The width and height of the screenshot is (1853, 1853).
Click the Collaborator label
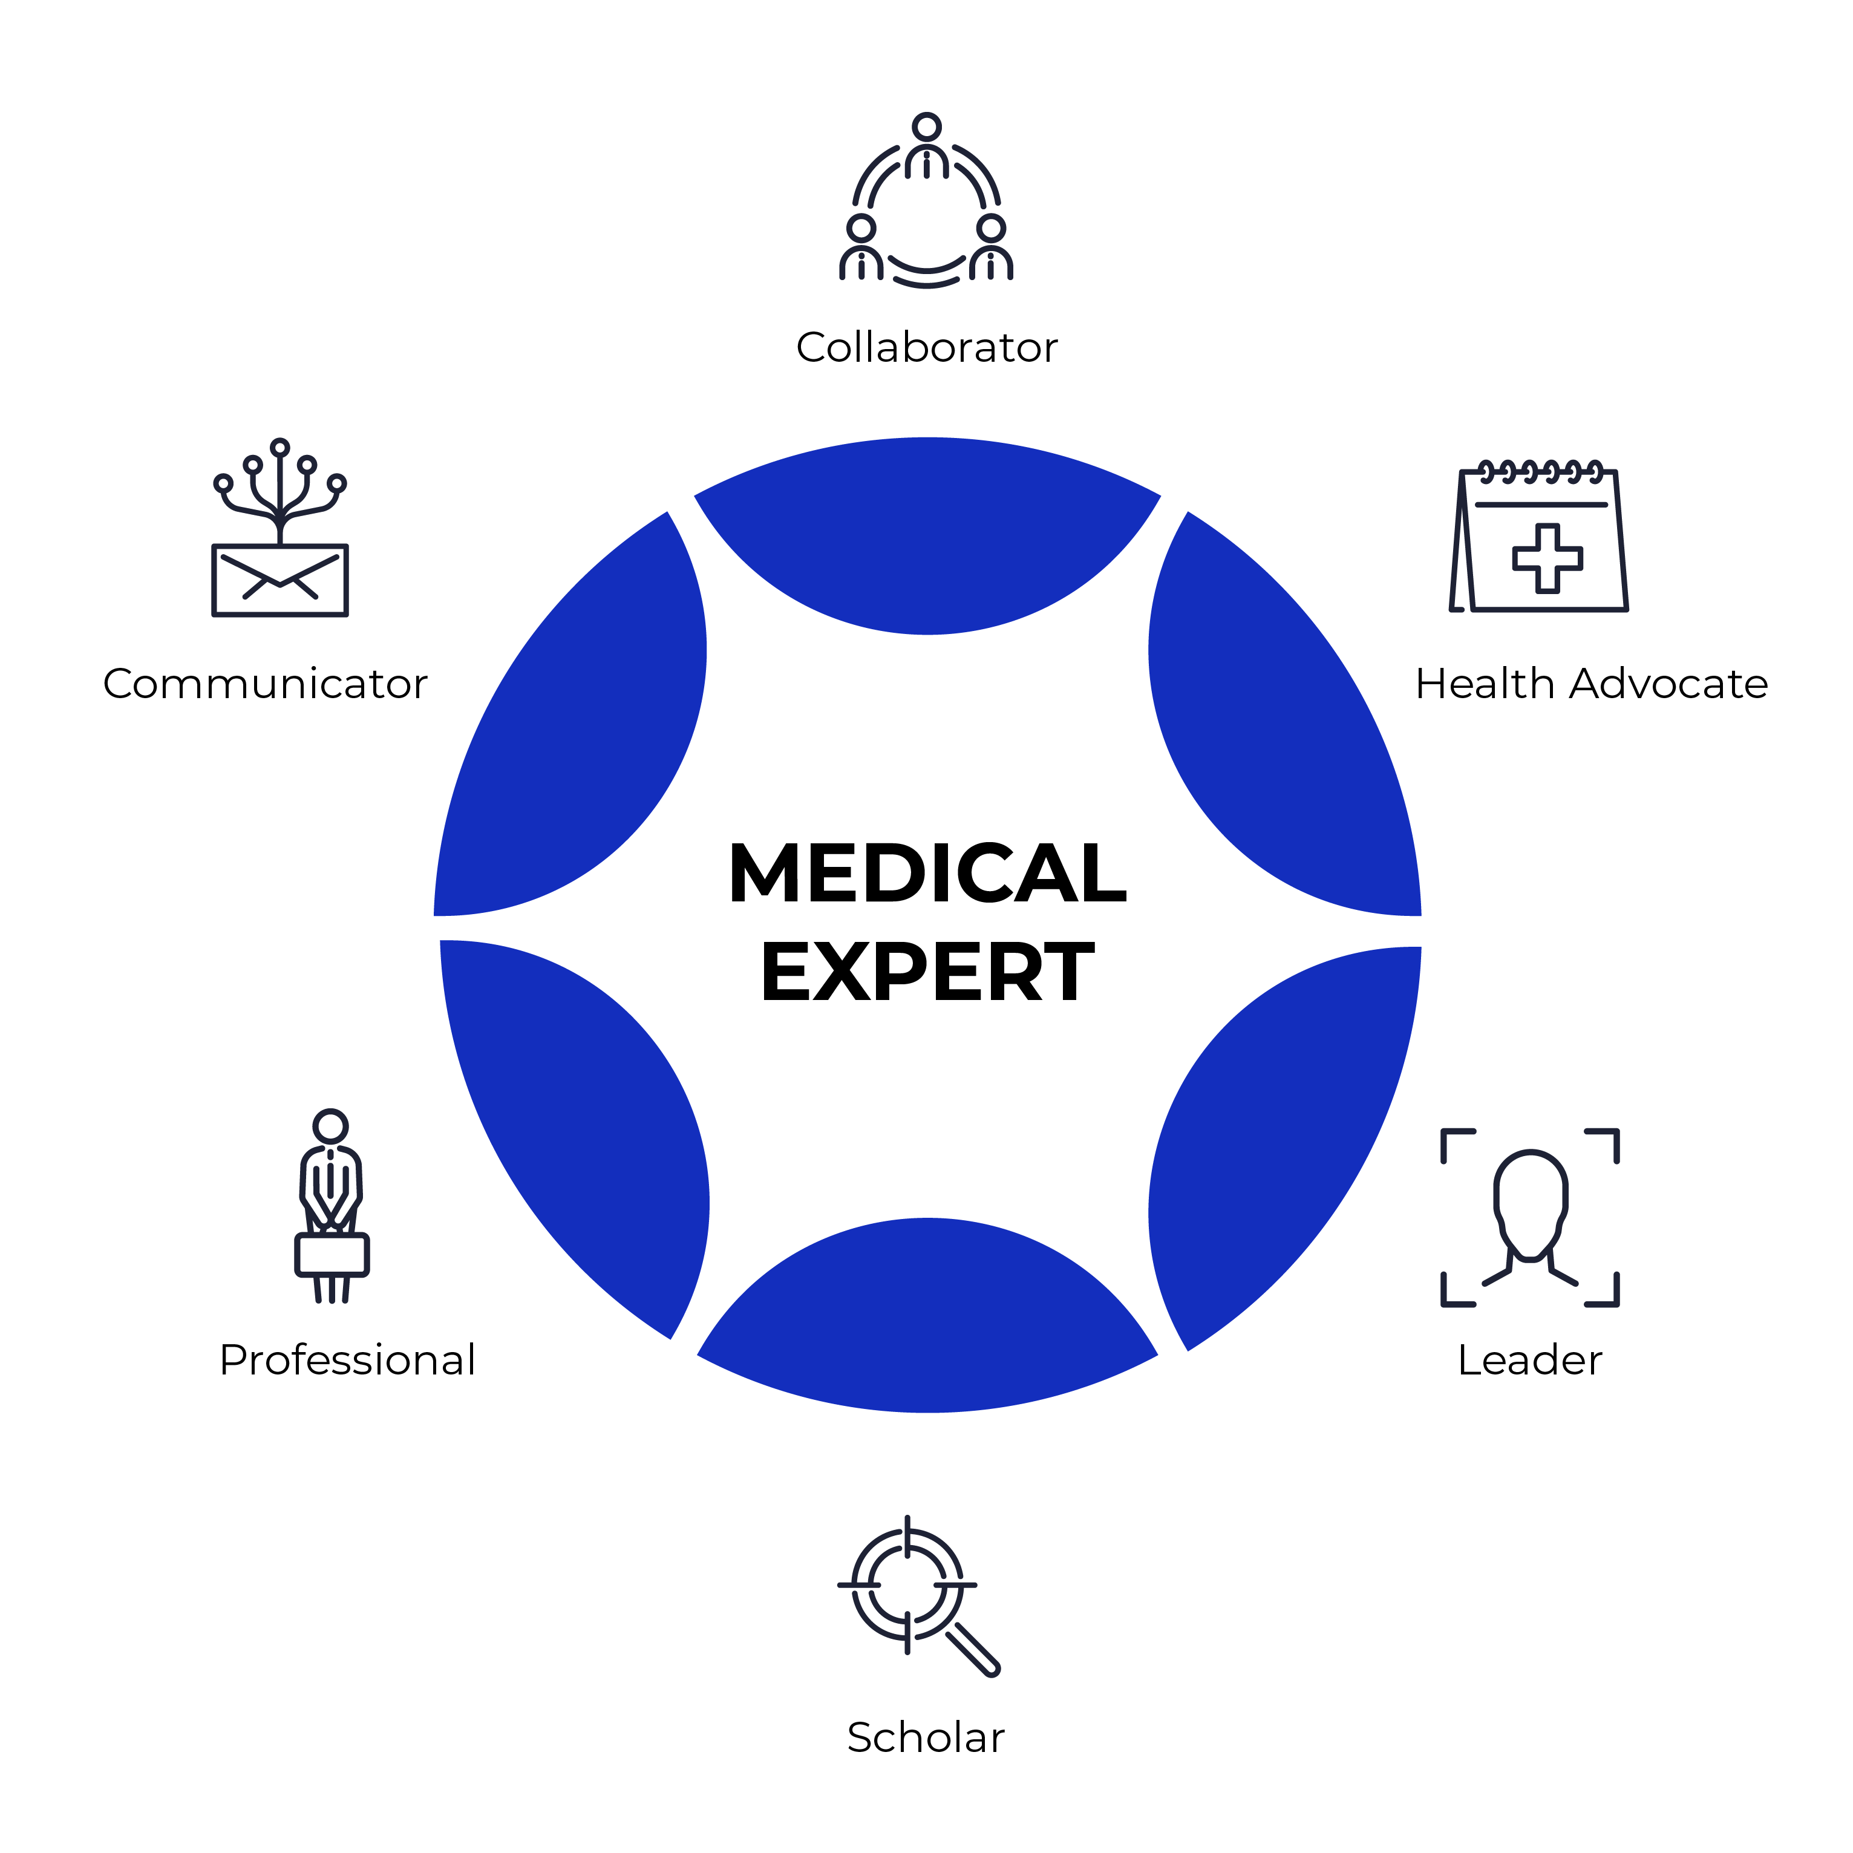[x=927, y=347]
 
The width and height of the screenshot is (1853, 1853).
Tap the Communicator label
[x=266, y=684]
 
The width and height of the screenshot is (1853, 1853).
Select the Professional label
[x=347, y=1359]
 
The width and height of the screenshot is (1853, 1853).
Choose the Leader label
[x=1530, y=1359]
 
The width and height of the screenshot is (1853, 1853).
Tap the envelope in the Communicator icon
[x=280, y=580]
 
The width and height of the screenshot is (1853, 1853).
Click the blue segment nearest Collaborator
[x=927, y=537]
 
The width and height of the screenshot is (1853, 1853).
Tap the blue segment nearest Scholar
[x=927, y=1319]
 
